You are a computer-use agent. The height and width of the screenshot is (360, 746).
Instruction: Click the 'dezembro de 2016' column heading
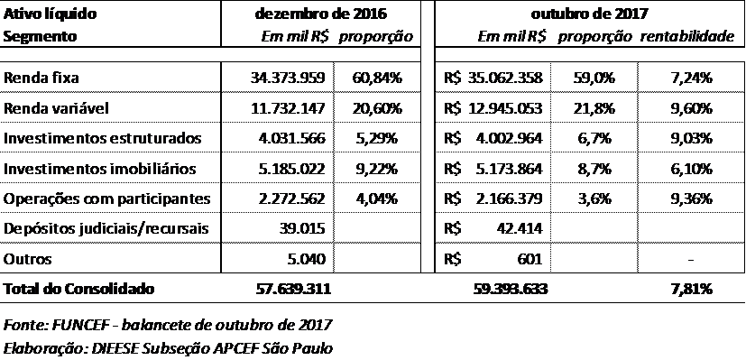pyautogui.click(x=320, y=14)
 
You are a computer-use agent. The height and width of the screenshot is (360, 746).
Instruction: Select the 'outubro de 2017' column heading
pyautogui.click(x=591, y=14)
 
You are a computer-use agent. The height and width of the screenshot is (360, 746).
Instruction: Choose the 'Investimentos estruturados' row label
pyautogui.click(x=102, y=138)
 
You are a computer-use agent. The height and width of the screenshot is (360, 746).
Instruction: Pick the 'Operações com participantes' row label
pyautogui.click(x=106, y=198)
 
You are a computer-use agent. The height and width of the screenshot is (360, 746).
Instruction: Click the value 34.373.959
pyautogui.click(x=288, y=78)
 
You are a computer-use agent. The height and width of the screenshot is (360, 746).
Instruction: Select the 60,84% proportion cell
pyautogui.click(x=377, y=78)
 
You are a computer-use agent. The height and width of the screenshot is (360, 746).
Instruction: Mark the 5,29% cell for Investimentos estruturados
pyautogui.click(x=377, y=138)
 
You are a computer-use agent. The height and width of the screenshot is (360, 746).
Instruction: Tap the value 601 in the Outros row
pyautogui.click(x=531, y=259)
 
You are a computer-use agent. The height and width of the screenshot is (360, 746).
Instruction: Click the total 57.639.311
pyautogui.click(x=290, y=289)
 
